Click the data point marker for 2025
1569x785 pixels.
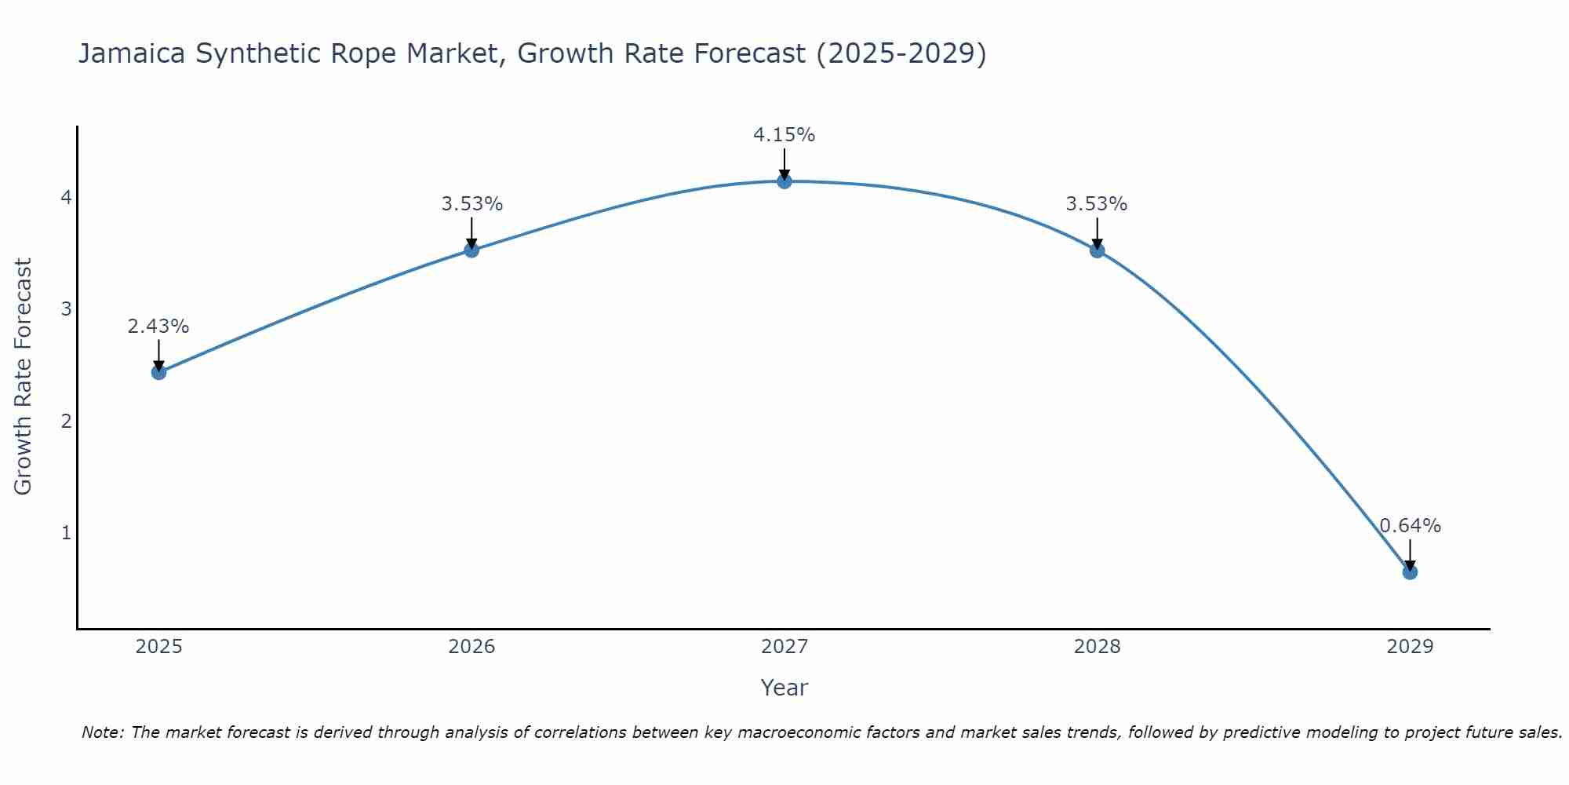point(158,372)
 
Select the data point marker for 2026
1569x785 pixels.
point(471,250)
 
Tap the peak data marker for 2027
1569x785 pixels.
point(784,181)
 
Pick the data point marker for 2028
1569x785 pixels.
point(1098,250)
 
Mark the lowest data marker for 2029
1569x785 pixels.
point(1410,572)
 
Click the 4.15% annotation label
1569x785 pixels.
point(784,135)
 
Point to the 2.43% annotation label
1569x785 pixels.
point(158,327)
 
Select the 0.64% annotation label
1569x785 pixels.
point(1410,526)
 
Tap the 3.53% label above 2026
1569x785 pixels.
point(471,204)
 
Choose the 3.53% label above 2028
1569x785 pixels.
point(1097,204)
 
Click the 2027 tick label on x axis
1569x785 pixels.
point(784,647)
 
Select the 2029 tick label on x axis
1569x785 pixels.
point(1410,647)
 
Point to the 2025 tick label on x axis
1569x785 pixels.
point(158,647)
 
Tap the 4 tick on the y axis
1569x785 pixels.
point(66,197)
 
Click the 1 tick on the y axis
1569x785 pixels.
point(66,533)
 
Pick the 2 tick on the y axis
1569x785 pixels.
point(66,421)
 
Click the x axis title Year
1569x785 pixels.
point(784,688)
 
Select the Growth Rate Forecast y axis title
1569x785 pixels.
point(24,377)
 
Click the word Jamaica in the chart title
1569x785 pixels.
point(131,54)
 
